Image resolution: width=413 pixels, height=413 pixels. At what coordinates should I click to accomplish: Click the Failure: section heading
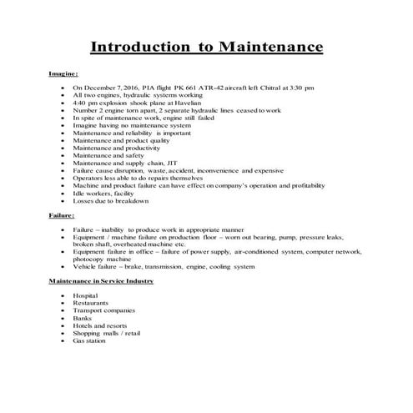62,215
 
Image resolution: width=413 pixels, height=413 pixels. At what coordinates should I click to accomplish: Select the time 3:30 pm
298,88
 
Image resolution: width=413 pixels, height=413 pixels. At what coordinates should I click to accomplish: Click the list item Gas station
89,340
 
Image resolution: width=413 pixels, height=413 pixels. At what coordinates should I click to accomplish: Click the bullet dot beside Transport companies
63,310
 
